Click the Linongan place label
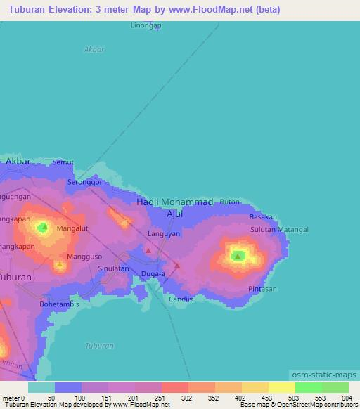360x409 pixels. pos(146,25)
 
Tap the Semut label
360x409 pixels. pos(63,162)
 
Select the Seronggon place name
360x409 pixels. pos(85,181)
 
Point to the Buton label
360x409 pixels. pos(230,202)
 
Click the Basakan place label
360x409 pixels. pos(263,216)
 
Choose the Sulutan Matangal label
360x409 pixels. pos(279,229)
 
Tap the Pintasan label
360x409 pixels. pos(262,289)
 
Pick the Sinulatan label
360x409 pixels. pos(113,268)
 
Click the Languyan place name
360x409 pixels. pos(164,233)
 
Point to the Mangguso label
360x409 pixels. pos(84,256)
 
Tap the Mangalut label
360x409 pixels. pos(72,228)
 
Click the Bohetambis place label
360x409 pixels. pos(59,304)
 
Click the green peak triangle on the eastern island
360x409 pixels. pos(238,256)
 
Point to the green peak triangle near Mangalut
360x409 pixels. pos(43,227)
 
